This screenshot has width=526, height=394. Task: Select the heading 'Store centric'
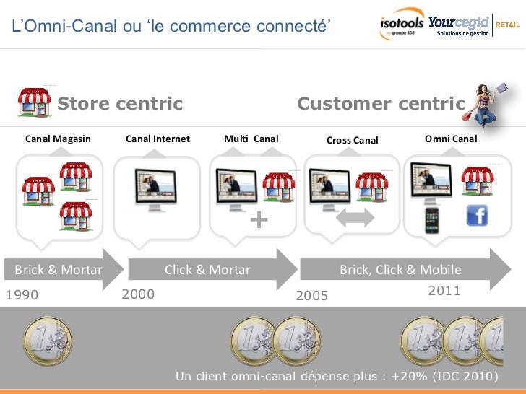click(120, 104)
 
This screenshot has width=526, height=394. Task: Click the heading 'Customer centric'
click(381, 104)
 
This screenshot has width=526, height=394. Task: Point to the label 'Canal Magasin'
click(59, 139)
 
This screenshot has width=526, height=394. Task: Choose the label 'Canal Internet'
click(158, 139)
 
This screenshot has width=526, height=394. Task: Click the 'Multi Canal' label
click(251, 139)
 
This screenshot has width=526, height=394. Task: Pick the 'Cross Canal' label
click(352, 140)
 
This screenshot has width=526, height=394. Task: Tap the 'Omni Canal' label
click(451, 139)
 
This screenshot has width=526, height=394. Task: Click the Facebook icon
click(478, 216)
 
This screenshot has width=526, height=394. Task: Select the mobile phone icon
click(432, 219)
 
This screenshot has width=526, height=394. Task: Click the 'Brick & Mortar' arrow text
click(59, 270)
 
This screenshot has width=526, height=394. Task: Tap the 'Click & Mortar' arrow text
click(207, 270)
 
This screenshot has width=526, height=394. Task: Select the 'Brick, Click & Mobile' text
click(400, 270)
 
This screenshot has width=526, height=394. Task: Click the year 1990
click(22, 295)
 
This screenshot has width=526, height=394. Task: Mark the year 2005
click(312, 296)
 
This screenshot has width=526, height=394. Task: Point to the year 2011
click(444, 290)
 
